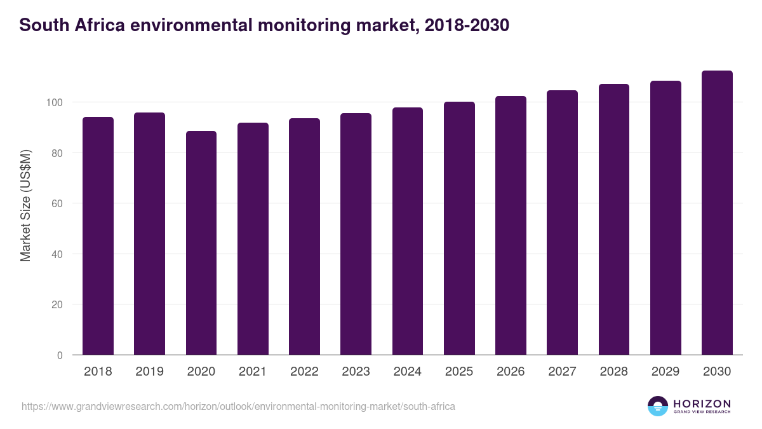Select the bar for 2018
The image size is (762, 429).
tap(98, 236)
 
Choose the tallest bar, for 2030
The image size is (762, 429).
tap(717, 213)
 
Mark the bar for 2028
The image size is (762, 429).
tap(614, 219)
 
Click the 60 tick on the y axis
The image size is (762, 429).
tap(57, 203)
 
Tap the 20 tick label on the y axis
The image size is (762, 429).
tap(57, 304)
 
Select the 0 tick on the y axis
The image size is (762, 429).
tap(60, 355)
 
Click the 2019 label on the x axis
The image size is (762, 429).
tap(149, 372)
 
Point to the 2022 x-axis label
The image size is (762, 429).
tap(304, 372)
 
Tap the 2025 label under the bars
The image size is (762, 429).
tap(459, 372)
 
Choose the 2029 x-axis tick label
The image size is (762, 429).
tap(665, 372)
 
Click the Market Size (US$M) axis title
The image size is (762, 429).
tap(25, 205)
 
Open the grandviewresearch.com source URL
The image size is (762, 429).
tap(238, 406)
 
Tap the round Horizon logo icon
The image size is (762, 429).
tap(658, 406)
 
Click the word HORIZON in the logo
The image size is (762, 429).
tap(702, 403)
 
